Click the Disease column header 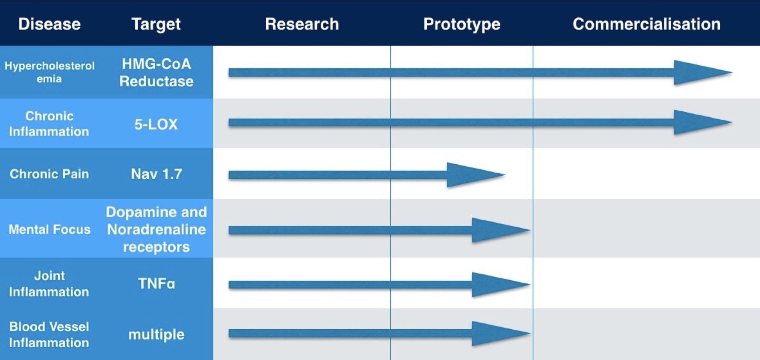[49, 24]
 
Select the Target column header [156, 24]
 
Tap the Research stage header [302, 24]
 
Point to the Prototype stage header [462, 24]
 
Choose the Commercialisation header [647, 24]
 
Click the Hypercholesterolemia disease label [49, 72]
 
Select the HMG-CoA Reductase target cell [156, 73]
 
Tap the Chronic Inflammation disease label [49, 124]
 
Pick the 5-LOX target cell [156, 124]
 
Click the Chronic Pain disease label [49, 174]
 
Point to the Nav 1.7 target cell [157, 174]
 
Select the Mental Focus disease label [49, 229]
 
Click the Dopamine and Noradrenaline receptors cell [156, 229]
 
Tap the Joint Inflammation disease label [49, 284]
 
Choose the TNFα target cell [156, 284]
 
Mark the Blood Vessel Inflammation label [49, 334]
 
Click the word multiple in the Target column [156, 334]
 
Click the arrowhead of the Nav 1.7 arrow [476, 174]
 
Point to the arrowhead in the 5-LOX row [703, 122]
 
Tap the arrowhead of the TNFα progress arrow [501, 285]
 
